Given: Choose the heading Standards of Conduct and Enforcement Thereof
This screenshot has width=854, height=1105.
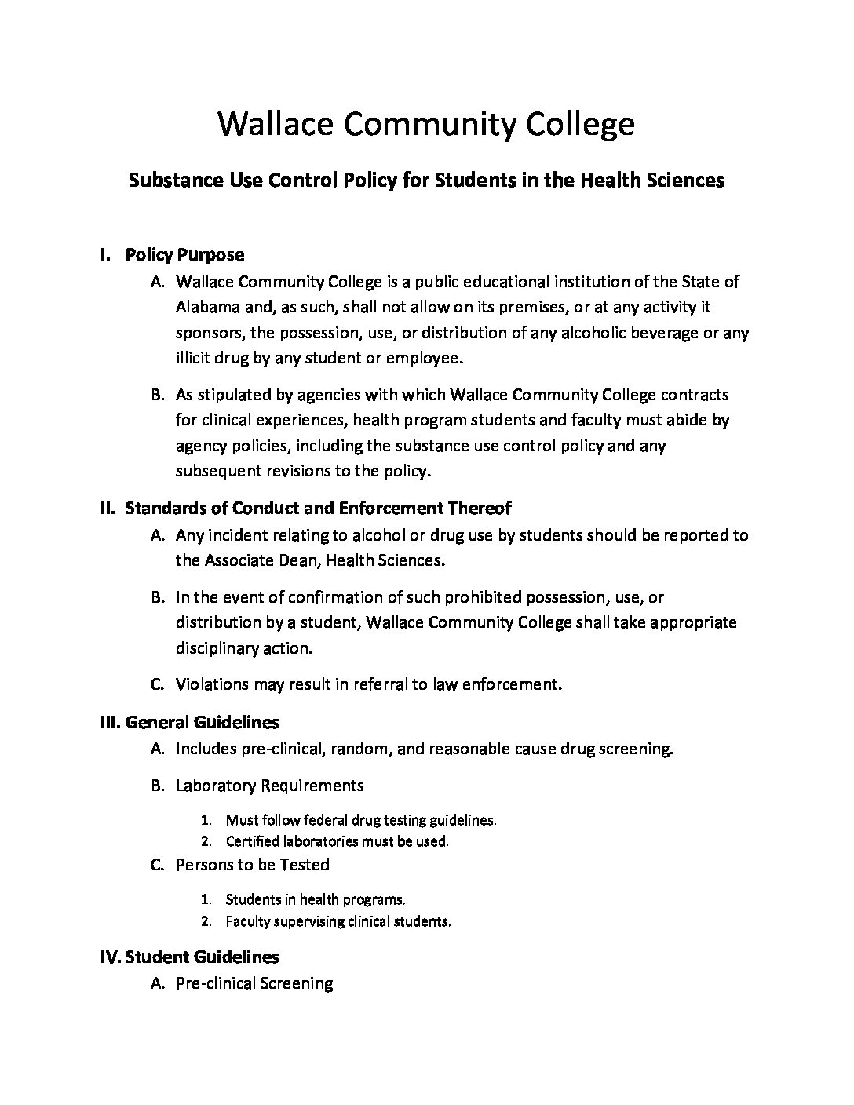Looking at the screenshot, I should tap(318, 509).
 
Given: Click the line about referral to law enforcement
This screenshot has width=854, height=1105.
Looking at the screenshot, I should tap(369, 684).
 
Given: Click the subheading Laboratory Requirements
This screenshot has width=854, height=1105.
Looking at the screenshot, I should tap(270, 786).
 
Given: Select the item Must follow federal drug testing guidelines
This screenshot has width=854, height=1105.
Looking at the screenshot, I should tap(360, 821).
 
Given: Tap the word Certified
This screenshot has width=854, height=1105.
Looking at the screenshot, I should tap(253, 841).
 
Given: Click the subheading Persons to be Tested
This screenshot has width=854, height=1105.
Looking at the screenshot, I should tap(252, 865).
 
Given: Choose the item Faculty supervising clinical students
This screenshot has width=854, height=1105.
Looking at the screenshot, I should tap(338, 921).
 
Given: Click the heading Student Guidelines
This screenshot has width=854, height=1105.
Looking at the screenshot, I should tap(202, 957).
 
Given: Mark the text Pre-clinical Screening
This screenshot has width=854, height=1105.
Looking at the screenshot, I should tap(254, 983).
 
